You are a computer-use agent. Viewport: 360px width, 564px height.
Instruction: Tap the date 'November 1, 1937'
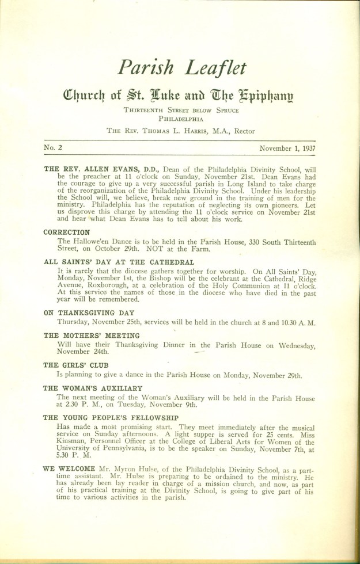(x=289, y=148)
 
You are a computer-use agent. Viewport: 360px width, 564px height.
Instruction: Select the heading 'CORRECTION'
(x=66, y=233)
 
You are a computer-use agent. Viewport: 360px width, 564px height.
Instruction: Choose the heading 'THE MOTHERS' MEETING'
(x=91, y=336)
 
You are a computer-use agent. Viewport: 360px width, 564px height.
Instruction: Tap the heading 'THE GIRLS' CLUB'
(x=76, y=365)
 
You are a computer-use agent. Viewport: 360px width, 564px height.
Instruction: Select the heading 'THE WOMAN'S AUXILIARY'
(x=92, y=388)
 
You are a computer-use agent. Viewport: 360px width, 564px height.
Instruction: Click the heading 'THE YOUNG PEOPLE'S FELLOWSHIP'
(x=111, y=418)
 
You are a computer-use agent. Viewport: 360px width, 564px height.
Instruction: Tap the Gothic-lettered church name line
(x=182, y=96)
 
